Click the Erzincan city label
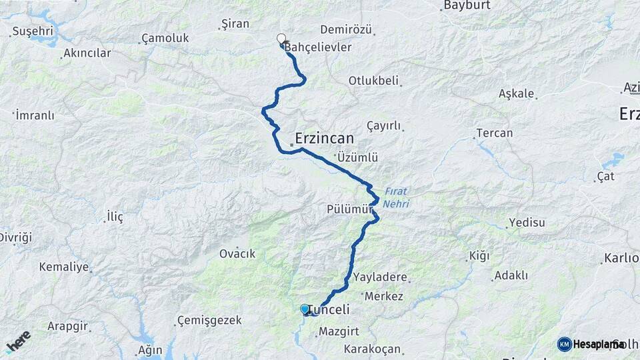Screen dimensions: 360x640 point(323,138)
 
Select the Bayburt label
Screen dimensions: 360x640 point(467,5)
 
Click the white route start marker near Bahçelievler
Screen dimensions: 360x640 point(281,39)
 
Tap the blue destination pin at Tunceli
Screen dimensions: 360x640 point(305,309)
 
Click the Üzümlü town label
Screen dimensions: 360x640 point(358,158)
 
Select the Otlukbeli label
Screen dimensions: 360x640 point(373,81)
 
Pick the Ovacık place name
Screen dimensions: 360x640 point(237,254)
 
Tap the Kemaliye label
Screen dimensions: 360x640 point(64,267)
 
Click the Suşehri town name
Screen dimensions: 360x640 point(33,31)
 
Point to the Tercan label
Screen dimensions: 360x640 point(494,133)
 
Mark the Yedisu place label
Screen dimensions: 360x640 point(527,223)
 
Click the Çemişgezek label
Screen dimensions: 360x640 point(209,321)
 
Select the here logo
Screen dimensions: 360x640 point(18,341)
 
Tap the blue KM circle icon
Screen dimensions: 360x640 point(564,344)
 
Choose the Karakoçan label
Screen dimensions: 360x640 point(372,349)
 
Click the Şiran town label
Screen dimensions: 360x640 point(235,24)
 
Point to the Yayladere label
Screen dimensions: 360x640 point(381,277)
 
